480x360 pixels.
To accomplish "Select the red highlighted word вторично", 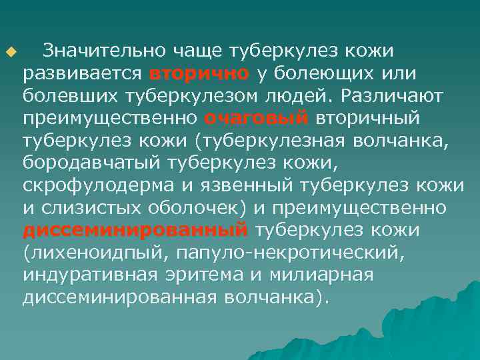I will (x=200, y=73).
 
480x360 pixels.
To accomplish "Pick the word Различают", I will (x=393, y=95).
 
